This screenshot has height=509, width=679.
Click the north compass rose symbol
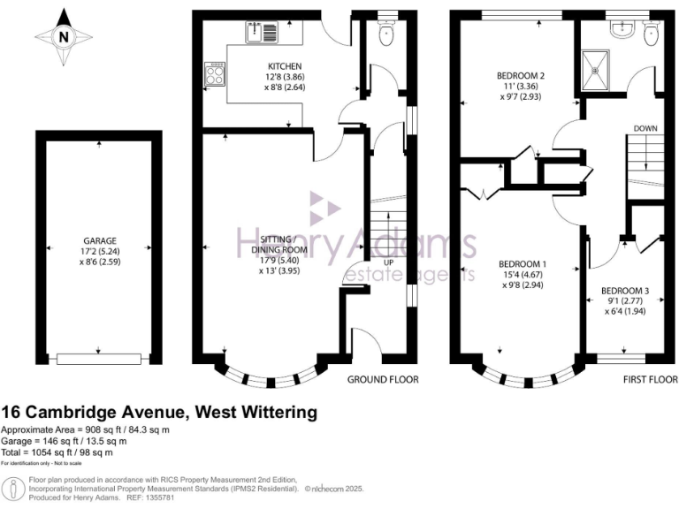point(64,38)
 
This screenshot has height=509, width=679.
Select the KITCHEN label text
point(286,66)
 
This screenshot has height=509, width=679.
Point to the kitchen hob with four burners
point(214,73)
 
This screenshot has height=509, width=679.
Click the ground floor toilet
point(385,34)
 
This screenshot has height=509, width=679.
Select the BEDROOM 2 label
point(520,76)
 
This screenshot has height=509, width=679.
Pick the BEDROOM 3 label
point(625,290)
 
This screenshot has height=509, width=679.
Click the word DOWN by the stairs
point(645,129)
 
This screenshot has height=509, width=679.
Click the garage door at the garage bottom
point(97,358)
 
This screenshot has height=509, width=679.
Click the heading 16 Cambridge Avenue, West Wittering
point(158,412)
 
